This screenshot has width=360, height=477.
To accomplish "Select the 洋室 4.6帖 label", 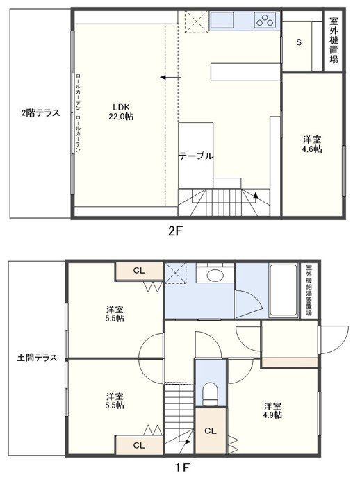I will point(312,144).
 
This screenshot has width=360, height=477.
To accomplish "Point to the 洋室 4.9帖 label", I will point(272,410).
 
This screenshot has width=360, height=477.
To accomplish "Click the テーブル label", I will point(195,156).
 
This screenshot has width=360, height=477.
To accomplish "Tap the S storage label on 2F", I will point(299,42).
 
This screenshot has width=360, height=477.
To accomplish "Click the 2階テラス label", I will point(40,112).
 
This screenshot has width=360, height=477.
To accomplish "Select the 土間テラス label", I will point(37,358).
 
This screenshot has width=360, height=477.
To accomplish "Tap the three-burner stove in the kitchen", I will point(265,21).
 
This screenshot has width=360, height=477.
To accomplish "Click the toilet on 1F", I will point(209,395).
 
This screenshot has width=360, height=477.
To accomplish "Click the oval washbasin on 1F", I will point(215,276).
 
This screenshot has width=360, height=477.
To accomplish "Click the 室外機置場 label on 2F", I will point(334,40).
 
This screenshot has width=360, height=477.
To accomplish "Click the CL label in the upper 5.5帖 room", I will point(138,270).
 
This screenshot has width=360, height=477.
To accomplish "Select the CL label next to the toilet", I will point(210,430).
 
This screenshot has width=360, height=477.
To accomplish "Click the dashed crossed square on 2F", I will point(197,22).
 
